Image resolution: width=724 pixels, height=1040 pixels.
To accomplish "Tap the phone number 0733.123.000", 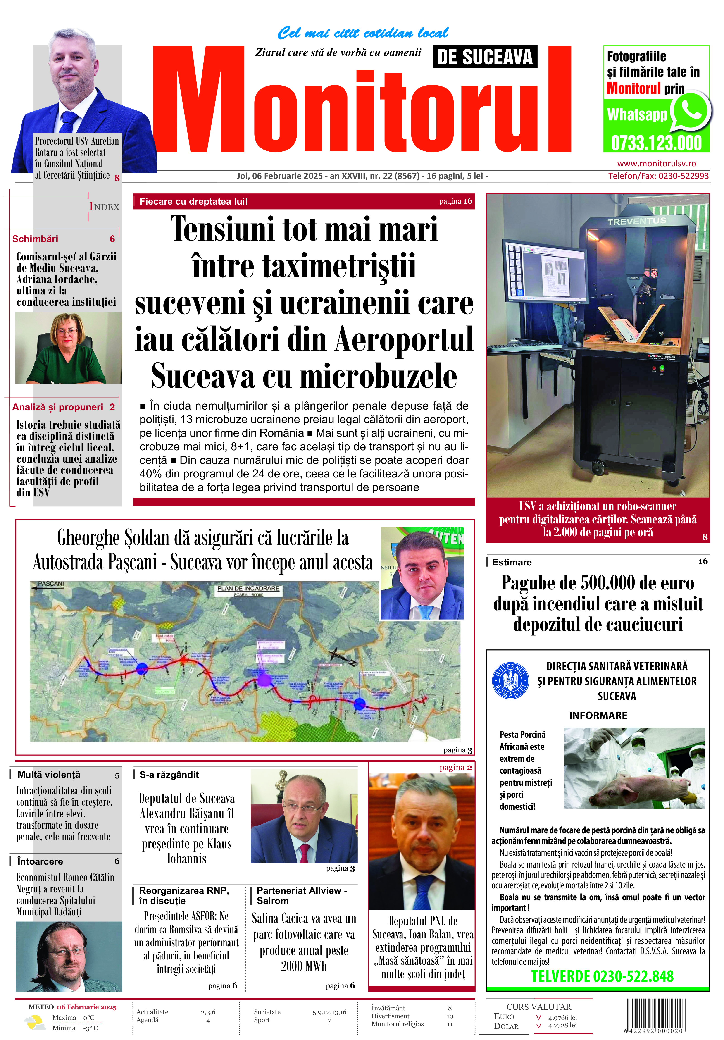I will pos(656,143).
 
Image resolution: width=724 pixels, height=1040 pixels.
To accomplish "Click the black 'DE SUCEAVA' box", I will pos(485,57).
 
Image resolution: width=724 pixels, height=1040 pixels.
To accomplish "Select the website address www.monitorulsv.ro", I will pos(657,164).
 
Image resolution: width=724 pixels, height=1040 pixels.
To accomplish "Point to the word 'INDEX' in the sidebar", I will pos(104,207).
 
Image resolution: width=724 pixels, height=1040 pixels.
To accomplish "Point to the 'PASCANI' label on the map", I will pos(51,584).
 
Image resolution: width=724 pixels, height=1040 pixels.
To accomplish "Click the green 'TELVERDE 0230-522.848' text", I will pos(602,976).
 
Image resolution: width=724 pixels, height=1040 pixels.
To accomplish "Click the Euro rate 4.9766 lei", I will pos(562,1017).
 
